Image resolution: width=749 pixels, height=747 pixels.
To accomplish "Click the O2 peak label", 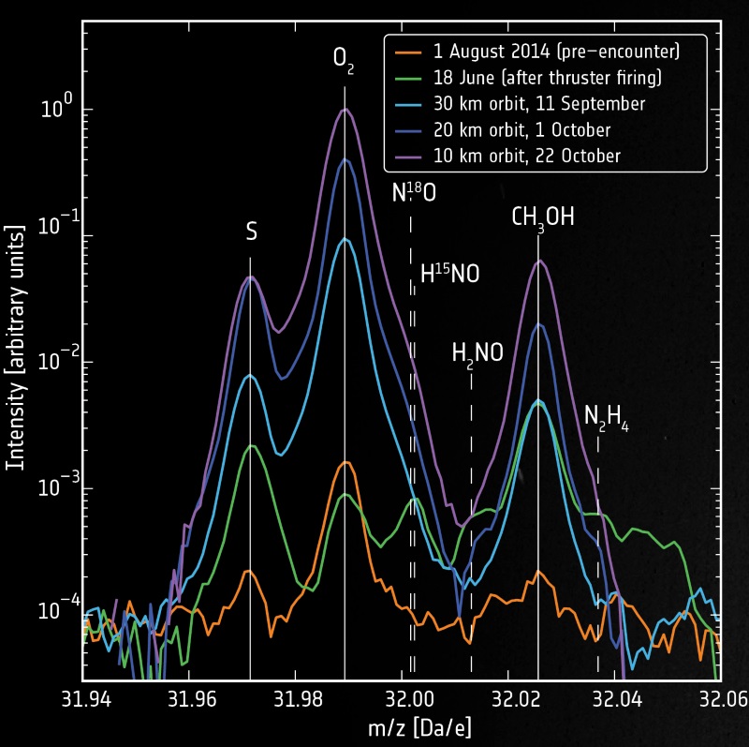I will pyautogui.click(x=345, y=60).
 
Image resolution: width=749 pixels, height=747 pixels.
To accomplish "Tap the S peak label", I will pyautogui.click(x=251, y=232).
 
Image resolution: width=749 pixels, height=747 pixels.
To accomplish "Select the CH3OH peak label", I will pyautogui.click(x=542, y=217).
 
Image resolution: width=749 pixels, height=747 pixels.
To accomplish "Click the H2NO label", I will pyautogui.click(x=477, y=352).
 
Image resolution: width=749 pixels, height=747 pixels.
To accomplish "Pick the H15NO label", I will pyautogui.click(x=449, y=275).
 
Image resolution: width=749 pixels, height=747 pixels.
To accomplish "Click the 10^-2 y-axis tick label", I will pyautogui.click(x=55, y=363).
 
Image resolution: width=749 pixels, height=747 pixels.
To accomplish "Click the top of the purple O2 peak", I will pyautogui.click(x=345, y=109).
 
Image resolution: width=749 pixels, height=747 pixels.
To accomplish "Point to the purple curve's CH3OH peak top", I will pyautogui.click(x=538, y=261).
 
